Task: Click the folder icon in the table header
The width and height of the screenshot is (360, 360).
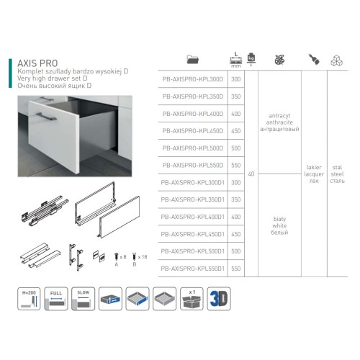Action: [x=192, y=59]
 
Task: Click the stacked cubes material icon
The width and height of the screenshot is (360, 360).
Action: [x=336, y=59]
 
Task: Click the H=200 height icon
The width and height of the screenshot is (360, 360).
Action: [x=30, y=298]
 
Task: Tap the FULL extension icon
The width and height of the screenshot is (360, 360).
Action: [x=55, y=298]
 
